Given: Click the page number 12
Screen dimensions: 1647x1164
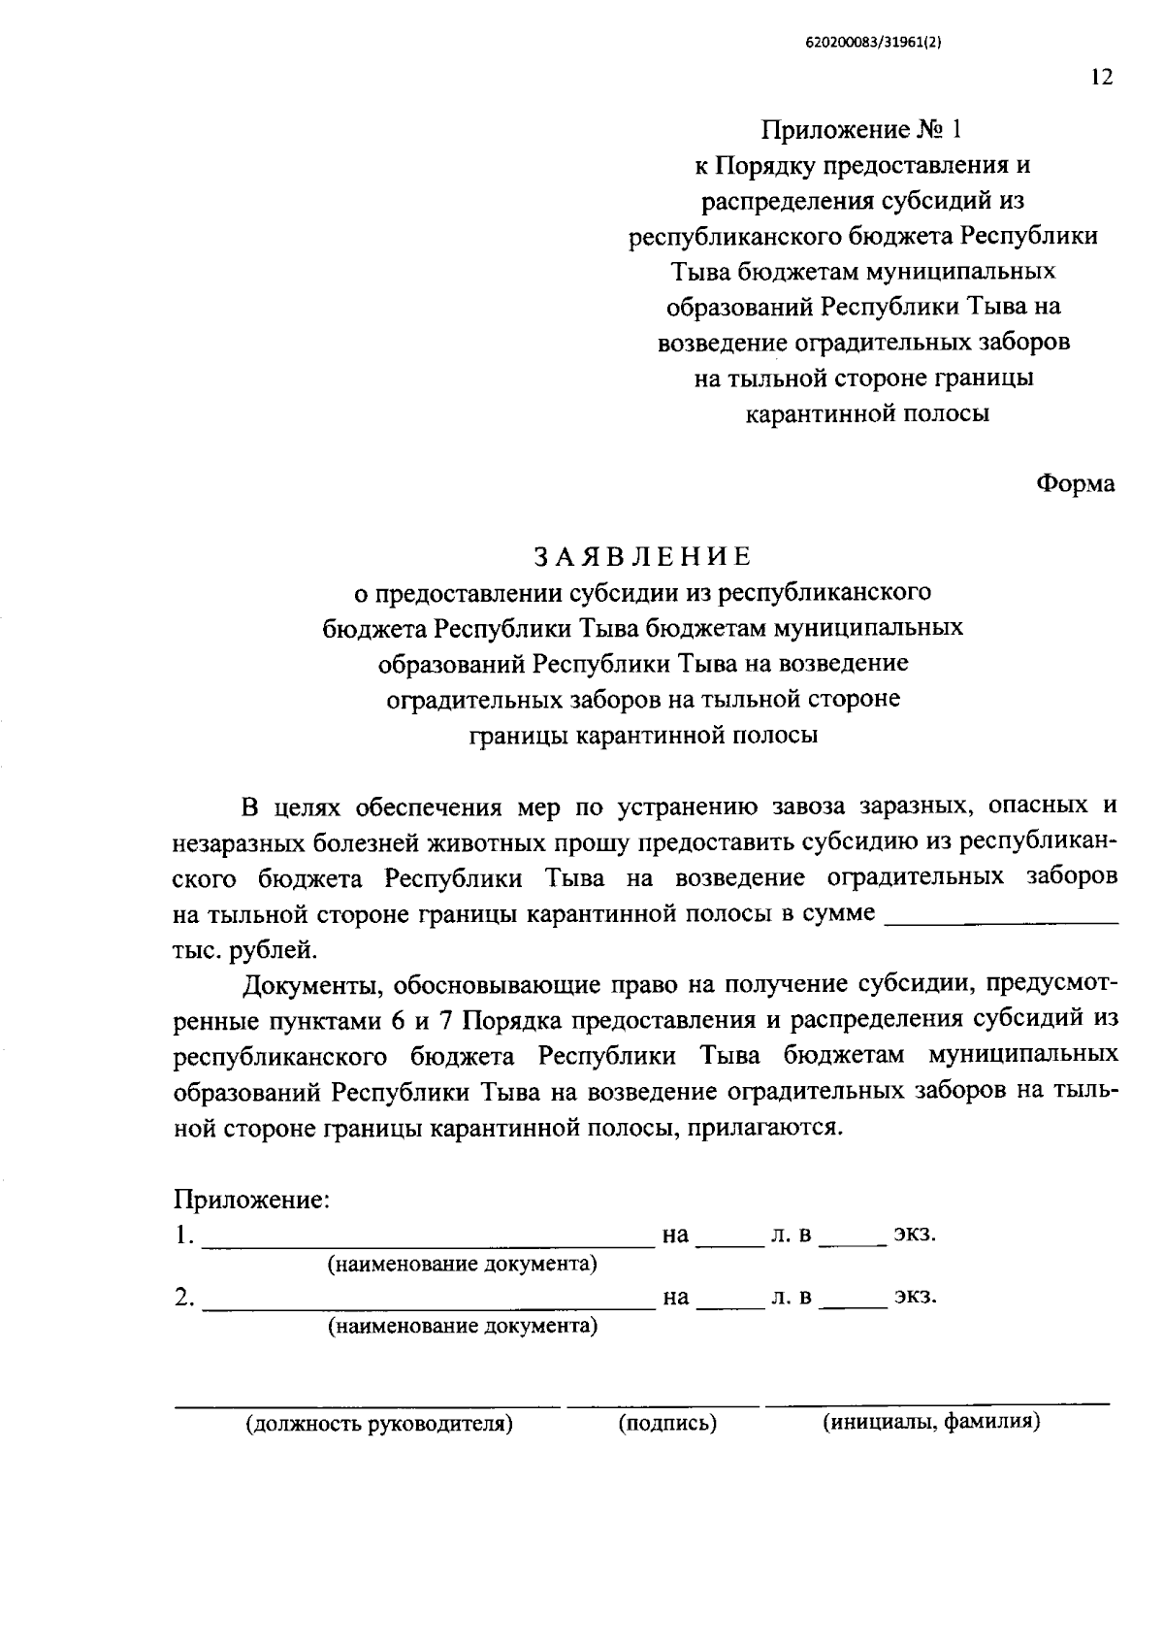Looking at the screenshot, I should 1100,79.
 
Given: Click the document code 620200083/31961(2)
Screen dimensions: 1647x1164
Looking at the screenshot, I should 874,43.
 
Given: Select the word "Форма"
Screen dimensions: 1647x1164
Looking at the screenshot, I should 1076,482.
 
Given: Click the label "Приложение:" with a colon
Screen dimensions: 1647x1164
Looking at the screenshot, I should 252,1200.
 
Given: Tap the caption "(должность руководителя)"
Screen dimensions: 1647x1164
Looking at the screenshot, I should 379,1425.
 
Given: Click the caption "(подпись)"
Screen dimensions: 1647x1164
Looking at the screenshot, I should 667,1425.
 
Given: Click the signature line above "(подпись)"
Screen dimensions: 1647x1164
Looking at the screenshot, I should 663,1401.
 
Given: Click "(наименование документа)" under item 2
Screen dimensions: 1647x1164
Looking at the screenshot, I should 462,1326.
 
